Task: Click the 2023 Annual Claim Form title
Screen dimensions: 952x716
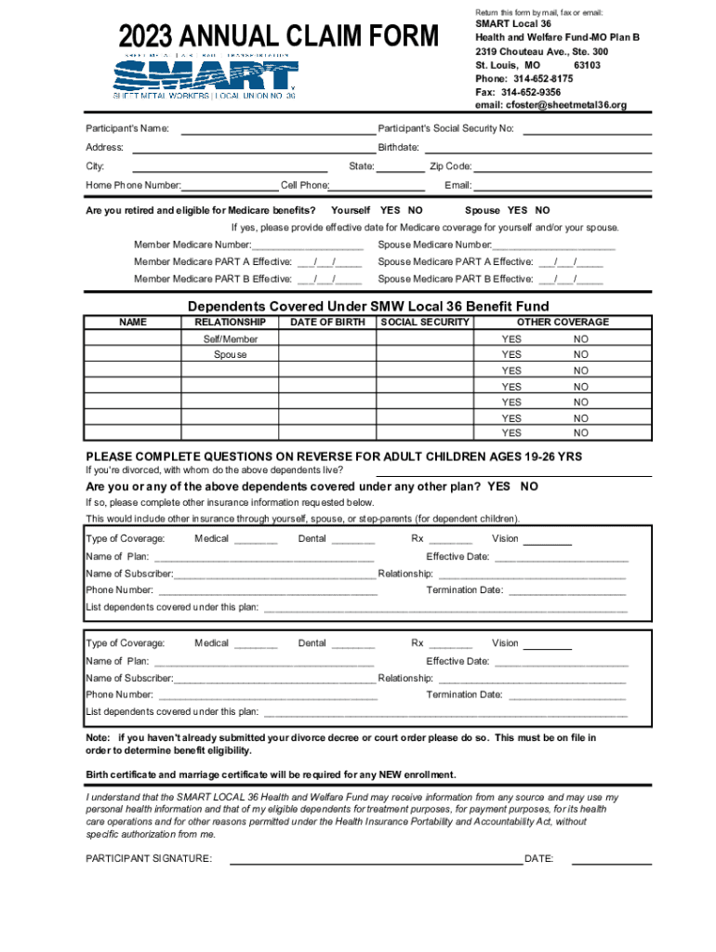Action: click(x=277, y=37)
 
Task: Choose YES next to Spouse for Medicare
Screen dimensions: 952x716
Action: click(x=518, y=210)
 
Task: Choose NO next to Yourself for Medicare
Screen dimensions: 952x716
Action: click(x=415, y=210)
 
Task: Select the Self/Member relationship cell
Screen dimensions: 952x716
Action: click(x=231, y=339)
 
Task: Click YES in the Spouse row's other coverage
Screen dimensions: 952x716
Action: click(x=511, y=355)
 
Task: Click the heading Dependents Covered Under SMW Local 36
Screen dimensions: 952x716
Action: click(x=368, y=307)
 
